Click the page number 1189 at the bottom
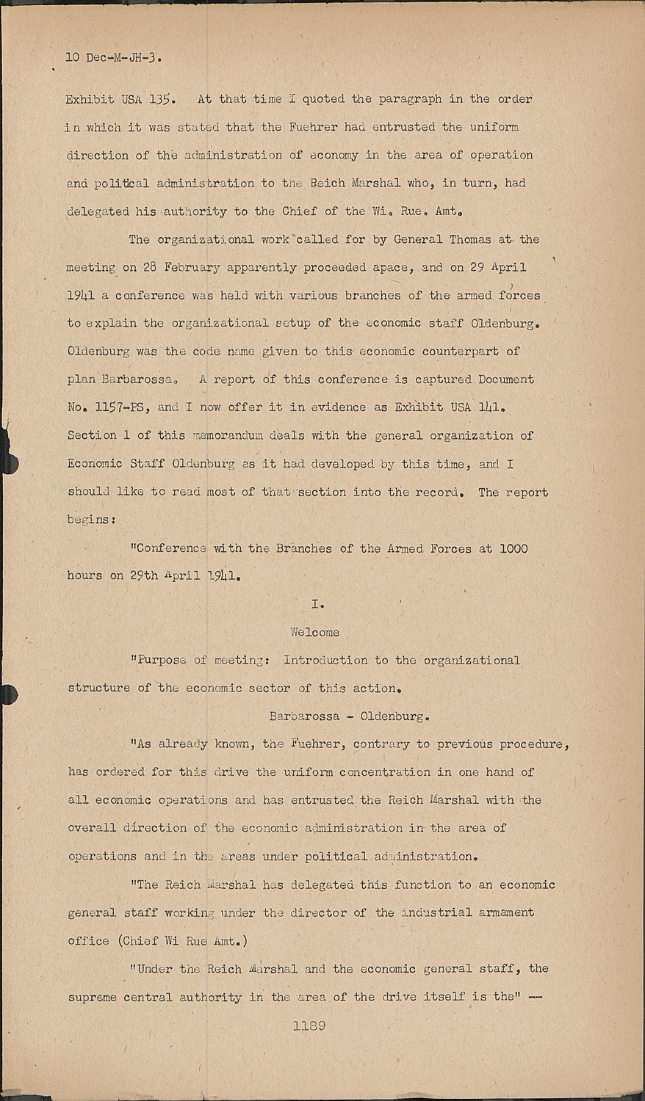coord(309,1025)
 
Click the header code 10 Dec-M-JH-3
coord(114,57)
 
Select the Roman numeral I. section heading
coord(317,604)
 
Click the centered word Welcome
coord(314,632)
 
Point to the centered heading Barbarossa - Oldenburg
coord(349,716)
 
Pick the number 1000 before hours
coord(513,548)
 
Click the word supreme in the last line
coord(93,997)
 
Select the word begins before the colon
coord(87,519)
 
